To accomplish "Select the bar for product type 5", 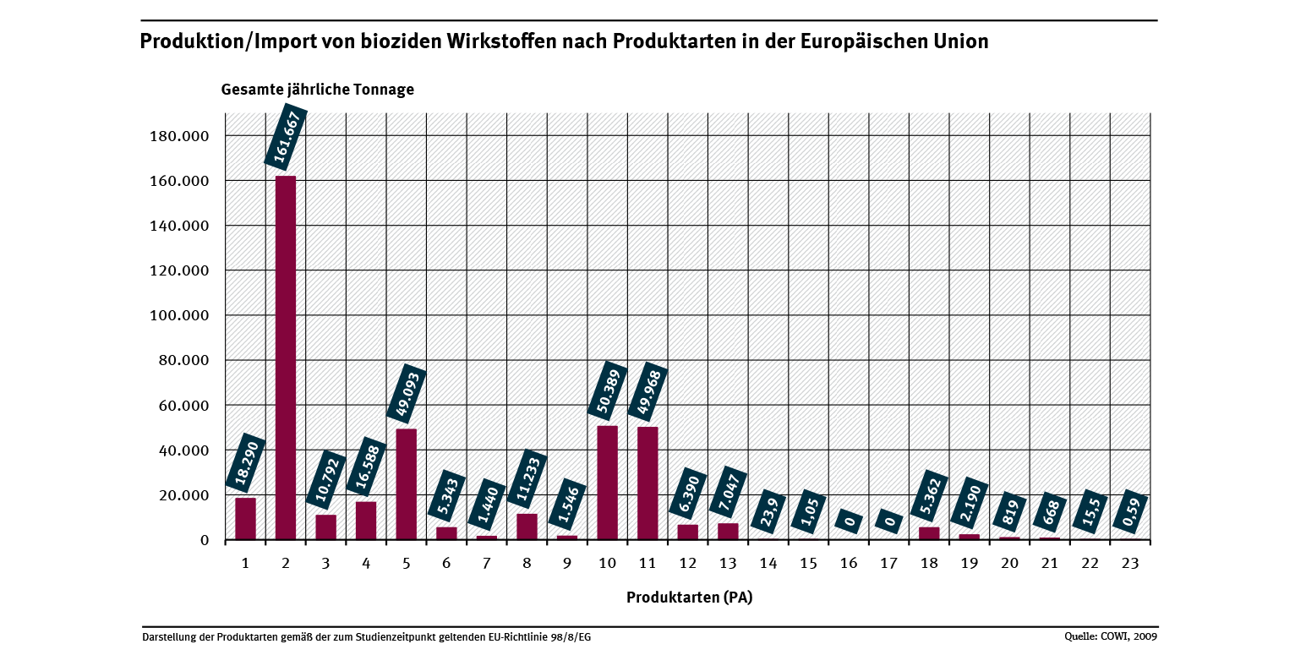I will [x=407, y=483].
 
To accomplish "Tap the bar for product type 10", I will [x=608, y=482].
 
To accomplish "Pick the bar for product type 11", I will [x=648, y=483].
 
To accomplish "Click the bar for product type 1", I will [x=245, y=518].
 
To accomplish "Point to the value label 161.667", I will [x=285, y=135].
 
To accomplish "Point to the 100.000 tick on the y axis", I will [x=179, y=316].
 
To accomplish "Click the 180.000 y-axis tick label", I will [x=179, y=137].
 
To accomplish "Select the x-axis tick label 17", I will [x=888, y=565].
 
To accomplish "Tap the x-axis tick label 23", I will [x=1130, y=565].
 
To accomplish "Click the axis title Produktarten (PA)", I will [x=689, y=598].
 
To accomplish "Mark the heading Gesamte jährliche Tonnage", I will [x=318, y=90].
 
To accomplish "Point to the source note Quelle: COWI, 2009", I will [x=1111, y=636].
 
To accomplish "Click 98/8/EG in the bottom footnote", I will [x=569, y=636].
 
